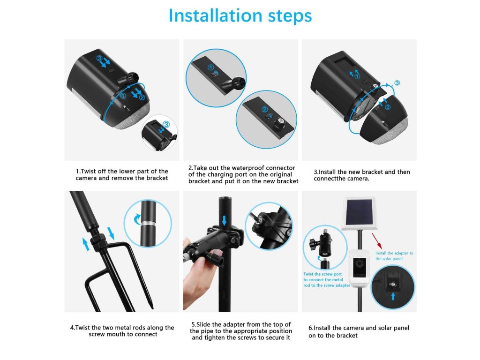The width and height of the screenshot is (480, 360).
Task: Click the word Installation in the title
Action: point(215,15)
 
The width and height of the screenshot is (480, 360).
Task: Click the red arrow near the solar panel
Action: point(377,241)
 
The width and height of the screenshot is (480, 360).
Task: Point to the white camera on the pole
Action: point(360,268)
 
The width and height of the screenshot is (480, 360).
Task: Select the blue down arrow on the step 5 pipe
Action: point(225,220)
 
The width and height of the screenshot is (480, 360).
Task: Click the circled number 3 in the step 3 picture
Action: point(397,83)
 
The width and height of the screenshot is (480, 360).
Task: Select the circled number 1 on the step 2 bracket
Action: point(210,67)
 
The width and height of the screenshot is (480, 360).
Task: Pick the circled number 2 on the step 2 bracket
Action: point(264,110)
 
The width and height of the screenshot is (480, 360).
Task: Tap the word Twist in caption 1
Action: point(89,171)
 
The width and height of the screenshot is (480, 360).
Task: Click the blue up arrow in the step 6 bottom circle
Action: point(393,296)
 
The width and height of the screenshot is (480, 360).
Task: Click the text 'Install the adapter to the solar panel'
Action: point(394,256)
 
